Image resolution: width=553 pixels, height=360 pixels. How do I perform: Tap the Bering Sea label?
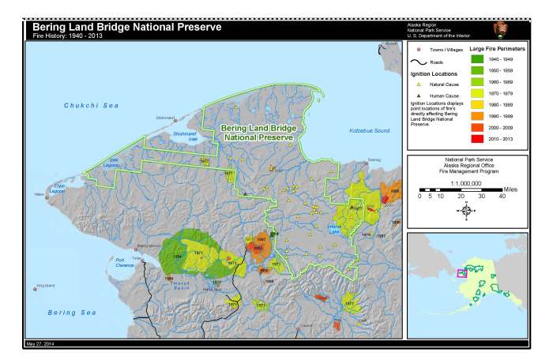(x=66, y=313)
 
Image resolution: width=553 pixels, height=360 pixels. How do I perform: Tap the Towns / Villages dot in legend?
(x=419, y=49)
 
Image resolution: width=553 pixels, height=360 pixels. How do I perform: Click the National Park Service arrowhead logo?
(x=501, y=30)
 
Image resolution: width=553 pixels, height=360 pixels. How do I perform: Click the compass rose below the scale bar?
(x=466, y=210)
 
